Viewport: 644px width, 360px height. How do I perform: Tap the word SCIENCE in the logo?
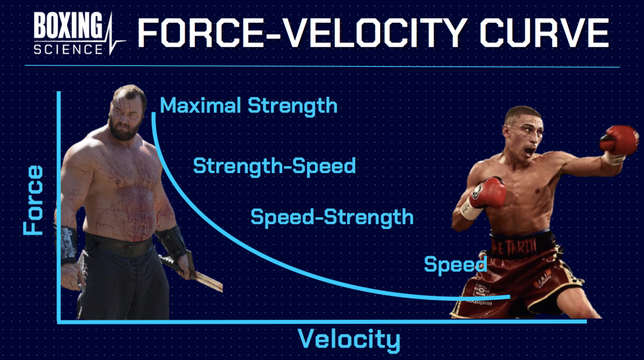point(68,49)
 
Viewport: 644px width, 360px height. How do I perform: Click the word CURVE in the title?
point(545,33)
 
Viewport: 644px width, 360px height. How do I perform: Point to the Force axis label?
point(33,200)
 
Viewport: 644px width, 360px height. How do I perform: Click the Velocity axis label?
point(348,340)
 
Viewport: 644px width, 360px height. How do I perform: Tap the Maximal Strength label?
point(248,106)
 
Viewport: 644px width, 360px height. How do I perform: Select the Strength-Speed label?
point(274,166)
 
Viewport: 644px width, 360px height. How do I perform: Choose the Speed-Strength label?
point(332,217)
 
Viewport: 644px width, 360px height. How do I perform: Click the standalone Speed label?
point(455,265)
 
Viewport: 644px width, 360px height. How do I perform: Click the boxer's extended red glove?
point(619,140)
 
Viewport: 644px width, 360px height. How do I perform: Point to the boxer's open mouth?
point(530,151)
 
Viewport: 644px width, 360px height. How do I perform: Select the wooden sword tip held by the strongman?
point(216,286)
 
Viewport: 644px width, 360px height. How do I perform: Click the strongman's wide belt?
point(119,245)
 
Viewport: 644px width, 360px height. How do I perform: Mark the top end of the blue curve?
point(153,113)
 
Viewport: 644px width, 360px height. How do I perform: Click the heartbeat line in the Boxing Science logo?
point(114,35)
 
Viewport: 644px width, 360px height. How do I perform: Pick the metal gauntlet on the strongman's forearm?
point(67,245)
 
